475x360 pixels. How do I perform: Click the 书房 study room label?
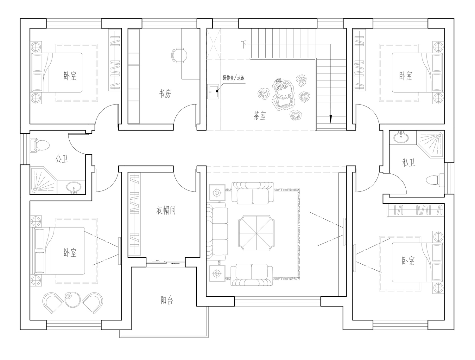pyautogui.click(x=165, y=94)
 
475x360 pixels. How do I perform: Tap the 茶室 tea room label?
pyautogui.click(x=259, y=115)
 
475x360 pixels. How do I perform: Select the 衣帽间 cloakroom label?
pyautogui.click(x=166, y=210)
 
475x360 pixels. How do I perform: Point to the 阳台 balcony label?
pyautogui.click(x=167, y=300)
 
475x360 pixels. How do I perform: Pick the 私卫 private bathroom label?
pyautogui.click(x=408, y=162)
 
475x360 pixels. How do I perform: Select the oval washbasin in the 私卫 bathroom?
pyautogui.click(x=401, y=137)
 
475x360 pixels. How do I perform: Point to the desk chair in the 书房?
pyautogui.click(x=179, y=55)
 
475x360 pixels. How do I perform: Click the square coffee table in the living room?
pyautogui.click(x=256, y=233)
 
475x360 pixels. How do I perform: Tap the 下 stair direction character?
pyautogui.click(x=244, y=45)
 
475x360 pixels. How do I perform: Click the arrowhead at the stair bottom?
pyautogui.click(x=331, y=119)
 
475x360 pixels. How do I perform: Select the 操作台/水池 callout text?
pyautogui.click(x=233, y=78)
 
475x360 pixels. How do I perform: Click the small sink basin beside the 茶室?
pyautogui.click(x=213, y=92)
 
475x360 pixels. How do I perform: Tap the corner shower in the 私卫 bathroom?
pyautogui.click(x=430, y=145)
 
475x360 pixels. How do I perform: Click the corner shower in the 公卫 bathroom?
pyautogui.click(x=44, y=180)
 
